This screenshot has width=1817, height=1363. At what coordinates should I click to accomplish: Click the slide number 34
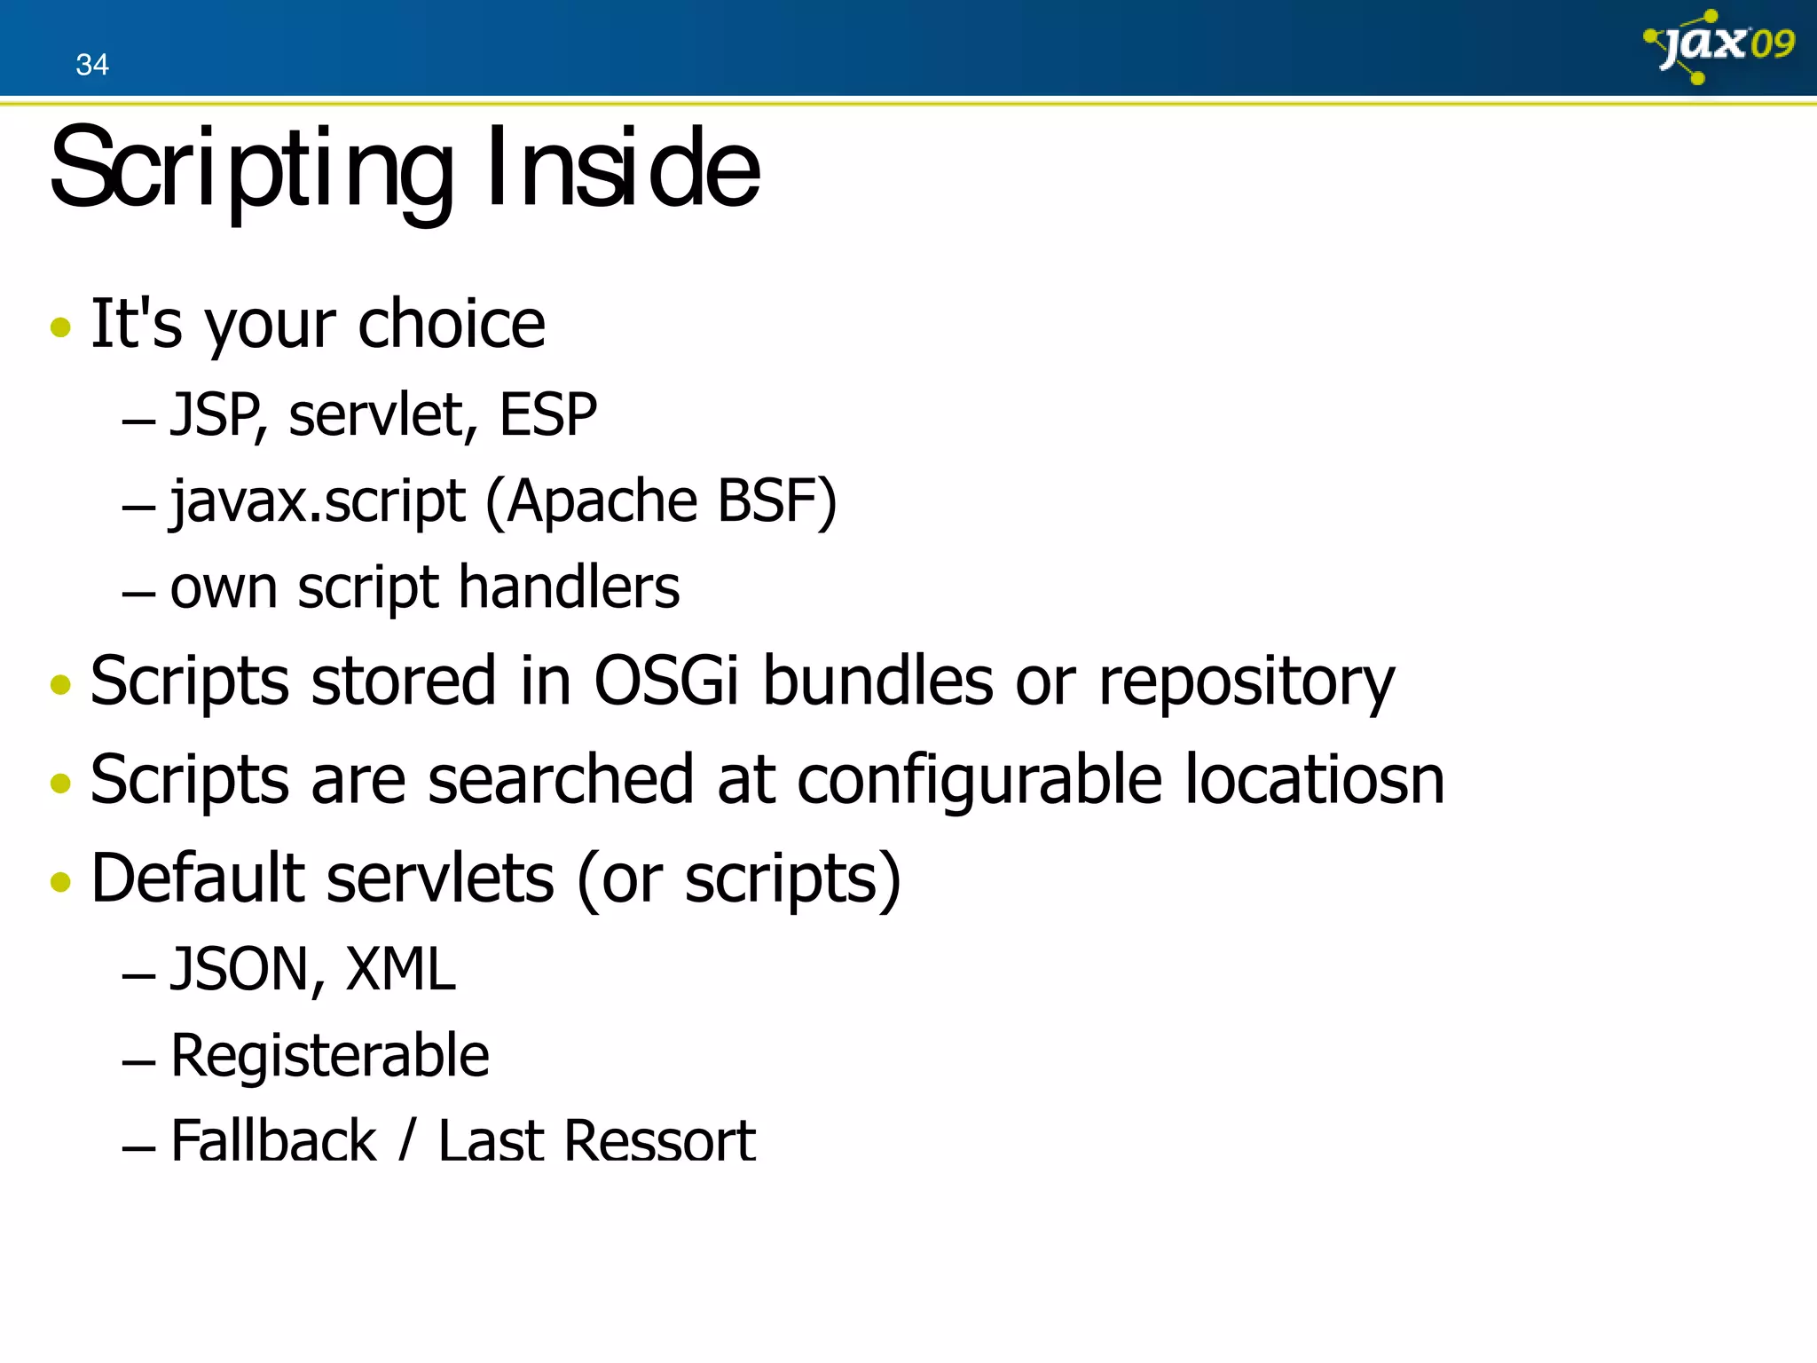click(92, 65)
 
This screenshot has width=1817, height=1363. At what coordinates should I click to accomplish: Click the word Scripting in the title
click(252, 169)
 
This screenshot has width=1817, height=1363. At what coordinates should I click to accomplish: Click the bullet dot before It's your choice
click(60, 327)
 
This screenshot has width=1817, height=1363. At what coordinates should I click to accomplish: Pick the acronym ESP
click(547, 415)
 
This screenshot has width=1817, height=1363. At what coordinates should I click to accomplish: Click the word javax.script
click(318, 502)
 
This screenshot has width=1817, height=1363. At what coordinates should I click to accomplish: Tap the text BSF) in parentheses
click(776, 502)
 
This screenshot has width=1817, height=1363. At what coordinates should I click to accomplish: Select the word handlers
click(569, 587)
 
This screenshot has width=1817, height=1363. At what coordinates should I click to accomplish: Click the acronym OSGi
click(665, 681)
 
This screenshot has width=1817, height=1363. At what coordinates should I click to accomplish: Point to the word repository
click(1247, 683)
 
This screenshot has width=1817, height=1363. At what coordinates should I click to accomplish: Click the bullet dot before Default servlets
click(60, 881)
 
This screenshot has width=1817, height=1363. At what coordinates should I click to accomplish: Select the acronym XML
click(400, 969)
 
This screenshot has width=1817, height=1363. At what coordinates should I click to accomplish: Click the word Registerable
click(329, 1056)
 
